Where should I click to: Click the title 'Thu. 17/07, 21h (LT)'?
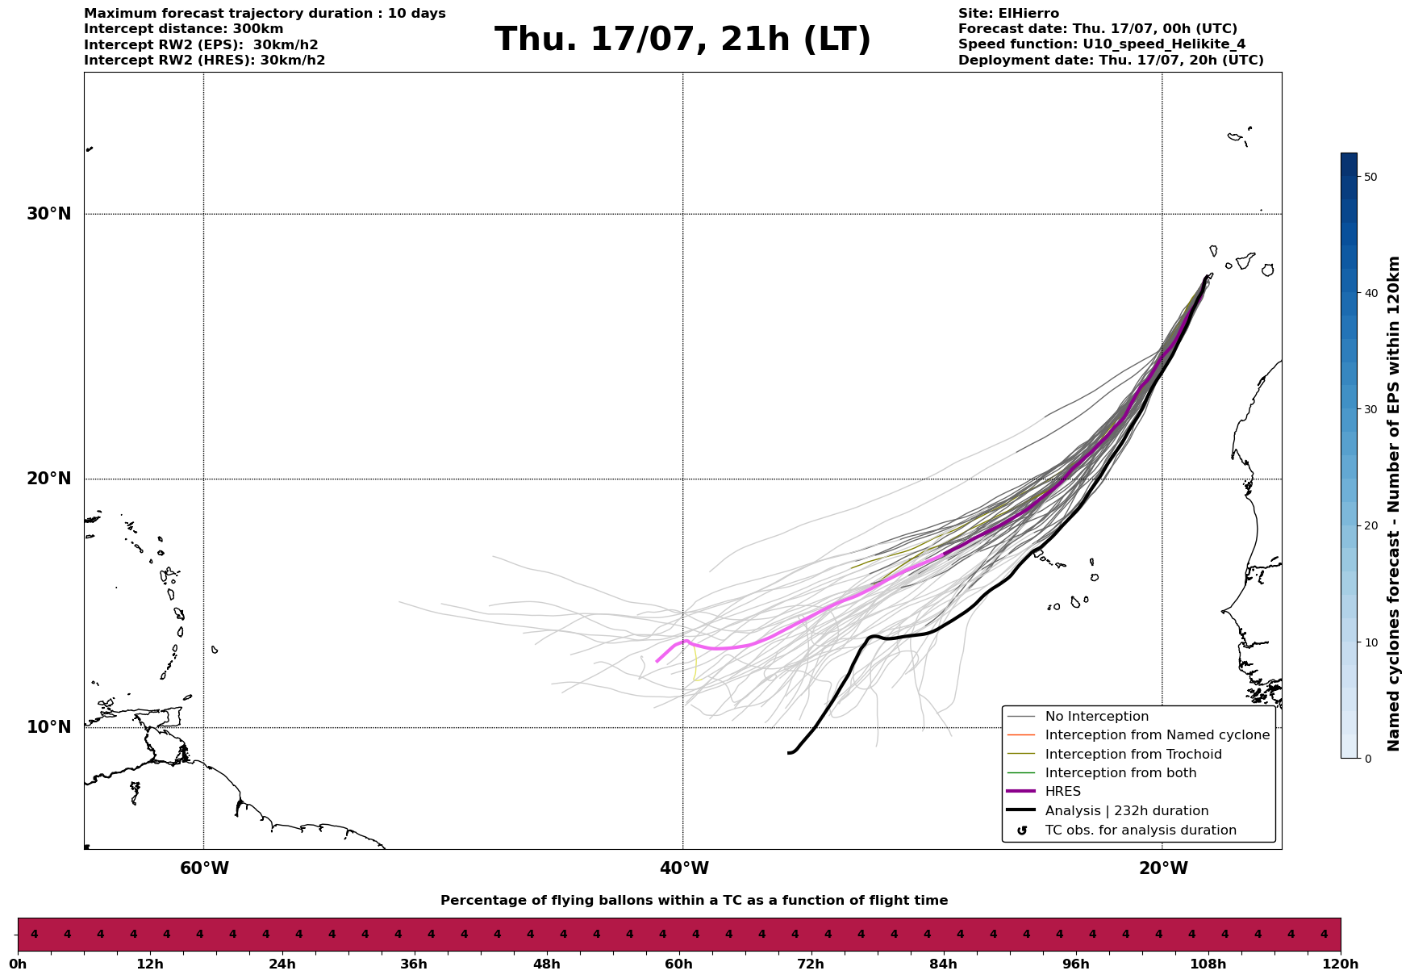tap(682, 40)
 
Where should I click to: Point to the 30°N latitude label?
tap(48, 214)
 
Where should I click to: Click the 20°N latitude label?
tap(48, 479)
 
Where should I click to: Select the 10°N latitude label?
tap(48, 727)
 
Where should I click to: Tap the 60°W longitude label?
tap(204, 868)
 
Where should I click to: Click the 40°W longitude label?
tap(684, 868)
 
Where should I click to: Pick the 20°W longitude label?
tap(1163, 868)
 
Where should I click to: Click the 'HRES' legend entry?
tap(1062, 792)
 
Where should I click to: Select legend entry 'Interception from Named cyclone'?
tap(1157, 735)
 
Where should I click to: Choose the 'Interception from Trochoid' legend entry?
tap(1133, 755)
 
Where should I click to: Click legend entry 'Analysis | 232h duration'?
tap(1126, 811)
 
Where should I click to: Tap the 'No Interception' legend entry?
tap(1096, 717)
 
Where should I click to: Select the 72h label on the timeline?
tap(811, 964)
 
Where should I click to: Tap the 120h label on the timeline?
tap(1341, 964)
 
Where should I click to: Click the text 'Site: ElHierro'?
tap(1008, 14)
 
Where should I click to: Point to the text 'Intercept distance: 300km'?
tap(184, 29)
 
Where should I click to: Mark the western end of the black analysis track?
tap(789, 753)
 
